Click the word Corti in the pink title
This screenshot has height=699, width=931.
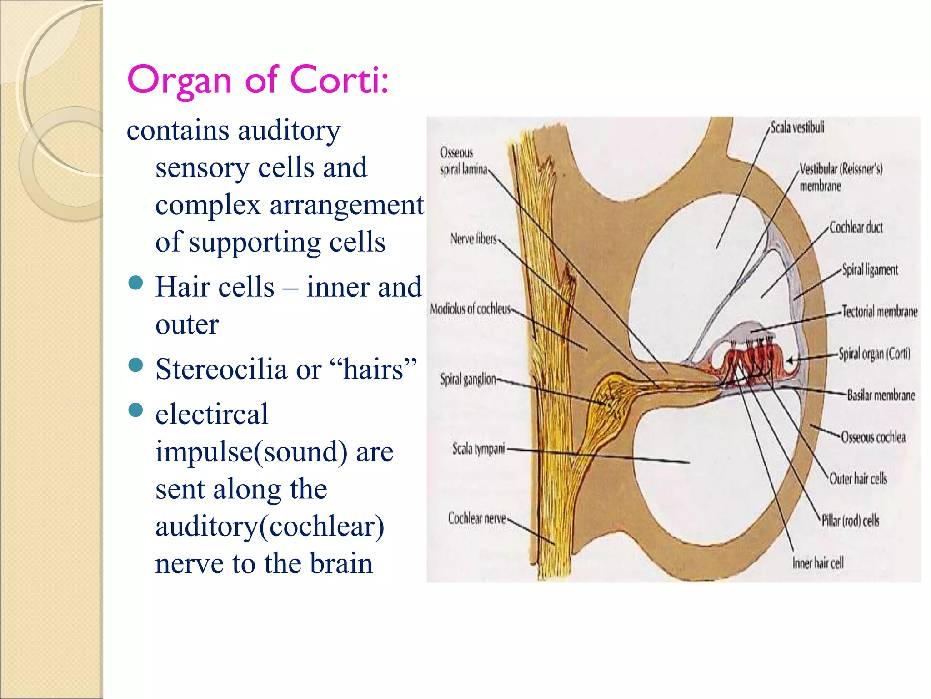pyautogui.click(x=339, y=80)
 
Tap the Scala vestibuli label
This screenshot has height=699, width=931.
pyautogui.click(x=797, y=127)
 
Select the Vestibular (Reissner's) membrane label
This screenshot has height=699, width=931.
pyautogui.click(x=841, y=177)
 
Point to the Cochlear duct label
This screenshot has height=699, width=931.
pyautogui.click(x=856, y=227)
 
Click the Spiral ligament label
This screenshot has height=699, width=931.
pyautogui.click(x=870, y=269)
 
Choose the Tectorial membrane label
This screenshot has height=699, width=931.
pyautogui.click(x=880, y=311)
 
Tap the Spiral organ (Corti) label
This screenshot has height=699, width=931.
pyautogui.click(x=874, y=354)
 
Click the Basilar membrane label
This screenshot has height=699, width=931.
pyautogui.click(x=881, y=395)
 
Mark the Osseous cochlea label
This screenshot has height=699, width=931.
pyautogui.click(x=873, y=437)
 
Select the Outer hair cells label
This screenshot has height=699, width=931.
pyautogui.click(x=858, y=478)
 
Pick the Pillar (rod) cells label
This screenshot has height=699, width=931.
pyautogui.click(x=850, y=520)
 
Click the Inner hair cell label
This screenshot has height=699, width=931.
pyautogui.click(x=818, y=563)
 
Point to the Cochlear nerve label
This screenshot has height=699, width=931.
pyautogui.click(x=477, y=518)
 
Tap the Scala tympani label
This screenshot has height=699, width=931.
pyautogui.click(x=479, y=449)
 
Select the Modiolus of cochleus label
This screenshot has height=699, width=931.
pyautogui.click(x=471, y=309)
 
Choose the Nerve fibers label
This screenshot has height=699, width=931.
pyautogui.click(x=474, y=238)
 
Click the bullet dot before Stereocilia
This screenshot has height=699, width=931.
pyautogui.click(x=136, y=365)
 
